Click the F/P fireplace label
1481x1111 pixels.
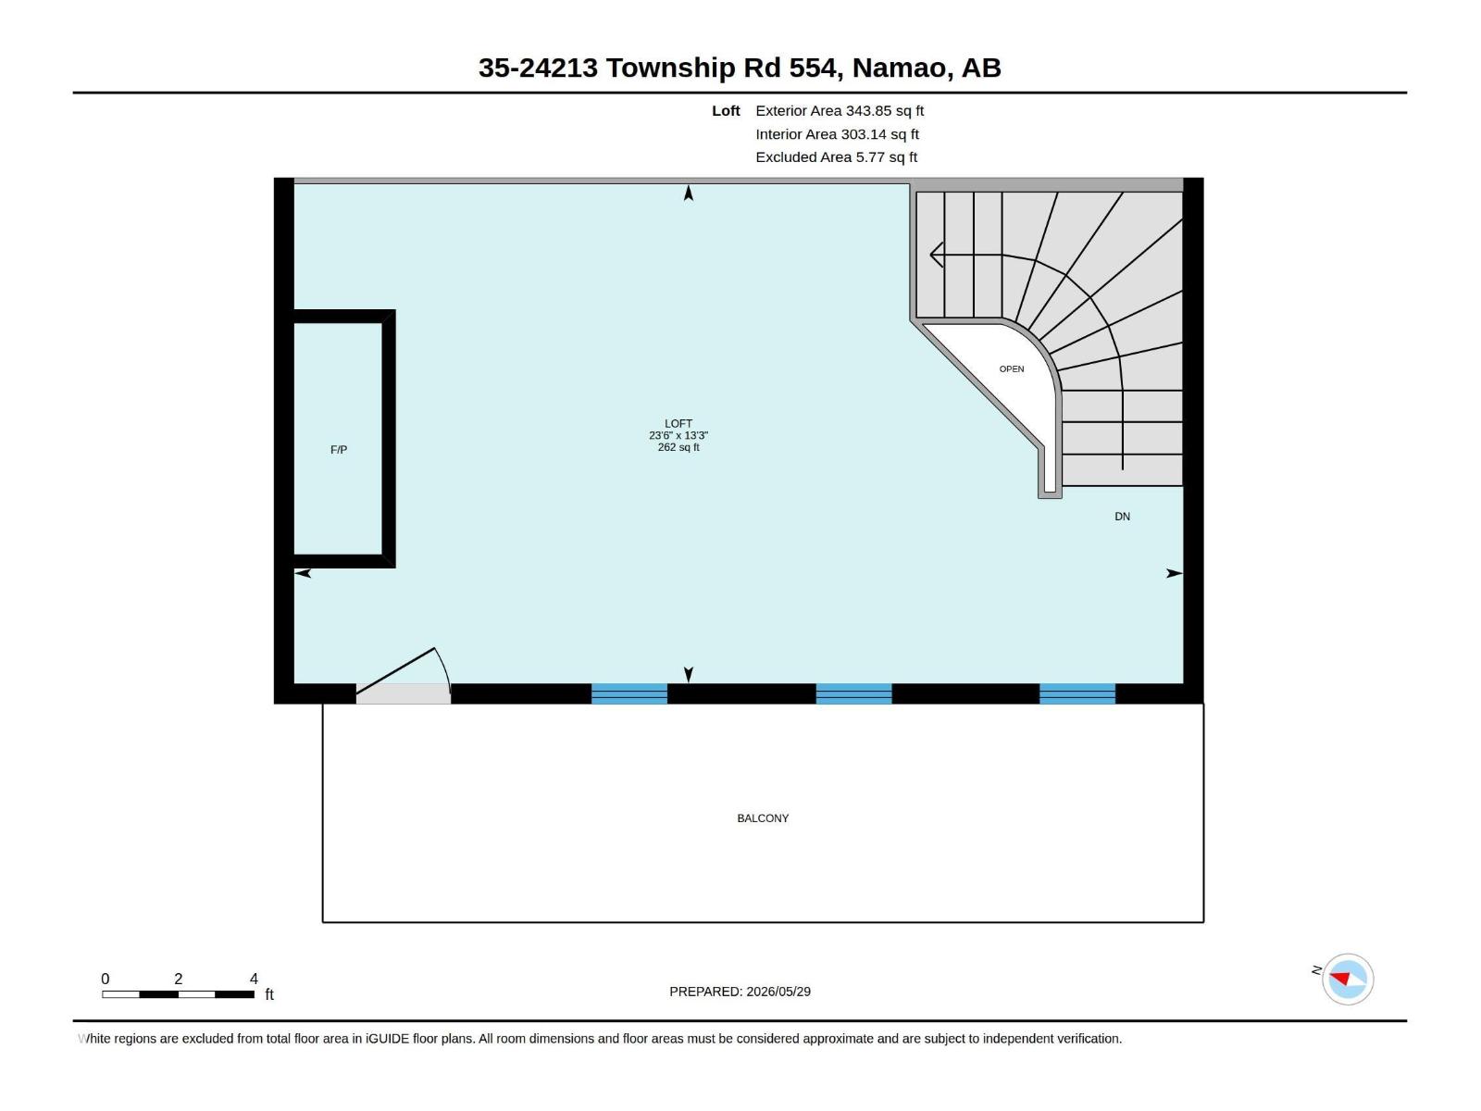click(339, 450)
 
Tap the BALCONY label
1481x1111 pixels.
click(763, 818)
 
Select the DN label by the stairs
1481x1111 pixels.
click(1122, 517)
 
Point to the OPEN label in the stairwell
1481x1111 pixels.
click(1012, 369)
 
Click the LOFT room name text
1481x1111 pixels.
click(678, 424)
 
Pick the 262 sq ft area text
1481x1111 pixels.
click(678, 447)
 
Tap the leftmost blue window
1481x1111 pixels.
click(628, 693)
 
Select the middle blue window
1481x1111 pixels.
click(853, 693)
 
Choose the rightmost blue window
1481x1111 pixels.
click(1077, 693)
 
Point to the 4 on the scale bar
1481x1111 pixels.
click(254, 979)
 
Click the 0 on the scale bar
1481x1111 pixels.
click(106, 979)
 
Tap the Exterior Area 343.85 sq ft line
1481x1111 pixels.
click(840, 110)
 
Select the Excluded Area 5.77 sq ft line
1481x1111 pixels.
click(836, 157)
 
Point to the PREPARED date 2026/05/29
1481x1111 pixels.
click(778, 992)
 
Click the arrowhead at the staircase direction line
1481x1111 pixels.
click(936, 255)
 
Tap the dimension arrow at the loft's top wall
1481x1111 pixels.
click(689, 193)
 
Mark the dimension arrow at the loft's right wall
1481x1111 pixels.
click(1175, 573)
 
